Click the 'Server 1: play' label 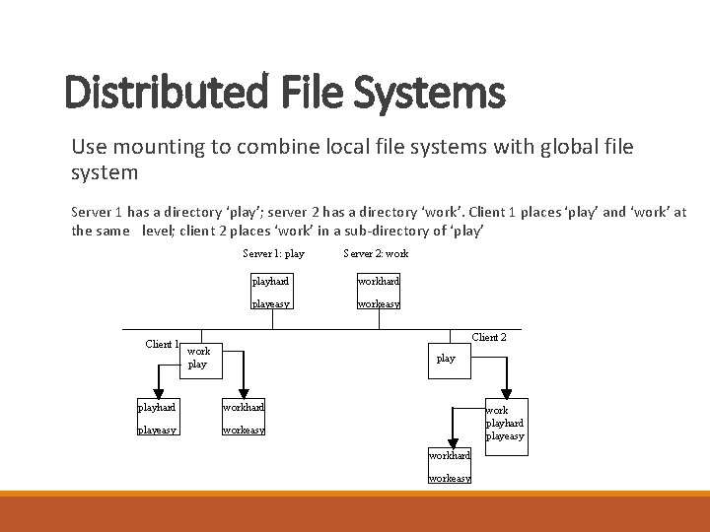pyautogui.click(x=274, y=254)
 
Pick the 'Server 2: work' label pyautogui.click(x=376, y=254)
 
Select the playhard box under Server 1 pyautogui.click(x=271, y=282)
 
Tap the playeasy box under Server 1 pyautogui.click(x=271, y=303)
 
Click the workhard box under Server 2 pyautogui.click(x=378, y=282)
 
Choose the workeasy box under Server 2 pyautogui.click(x=378, y=303)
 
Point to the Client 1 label pyautogui.click(x=162, y=344)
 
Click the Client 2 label pyautogui.click(x=489, y=337)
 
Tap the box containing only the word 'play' pyautogui.click(x=446, y=358)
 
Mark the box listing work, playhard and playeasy pyautogui.click(x=505, y=423)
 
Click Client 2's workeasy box pyautogui.click(x=450, y=478)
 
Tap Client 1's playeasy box pyautogui.click(x=157, y=430)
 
